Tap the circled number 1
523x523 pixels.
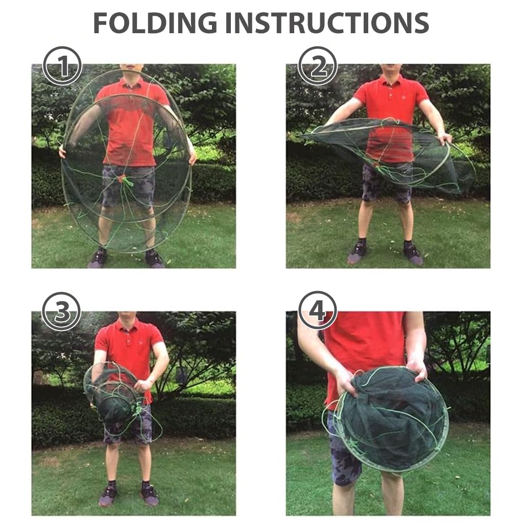[62, 66]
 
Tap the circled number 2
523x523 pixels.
[317, 66]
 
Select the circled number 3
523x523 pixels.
[61, 312]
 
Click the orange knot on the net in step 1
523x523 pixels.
[123, 179]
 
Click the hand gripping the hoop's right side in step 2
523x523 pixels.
[444, 138]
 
